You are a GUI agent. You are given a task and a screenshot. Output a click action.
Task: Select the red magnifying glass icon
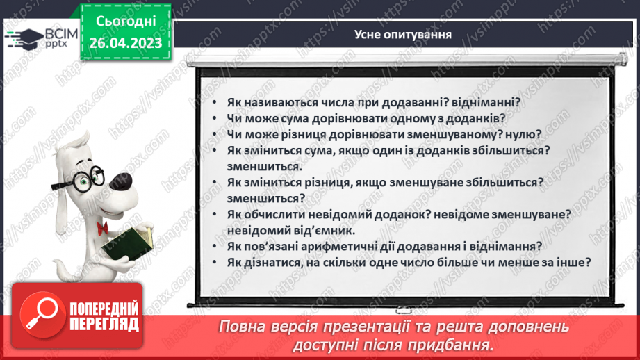40,316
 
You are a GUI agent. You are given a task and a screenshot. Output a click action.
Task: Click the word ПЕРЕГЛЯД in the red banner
104,324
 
